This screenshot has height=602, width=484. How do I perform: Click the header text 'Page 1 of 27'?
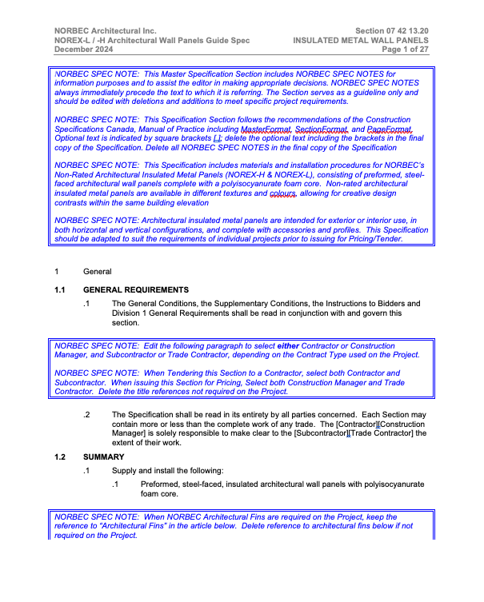[406, 49]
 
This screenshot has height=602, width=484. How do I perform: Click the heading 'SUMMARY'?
[103, 457]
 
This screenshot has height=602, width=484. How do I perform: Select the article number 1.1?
[60, 289]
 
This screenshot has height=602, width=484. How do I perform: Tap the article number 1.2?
[60, 457]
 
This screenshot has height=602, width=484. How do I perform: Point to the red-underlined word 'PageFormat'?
[389, 130]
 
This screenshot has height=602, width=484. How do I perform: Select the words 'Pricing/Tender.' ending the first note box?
[375, 239]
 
